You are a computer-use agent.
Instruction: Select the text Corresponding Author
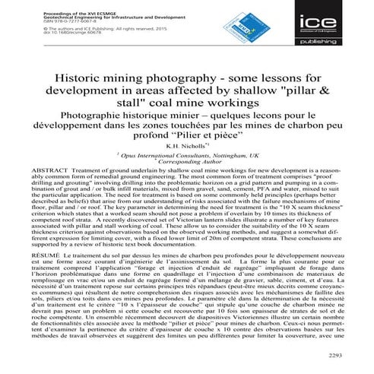pos(189,161)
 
